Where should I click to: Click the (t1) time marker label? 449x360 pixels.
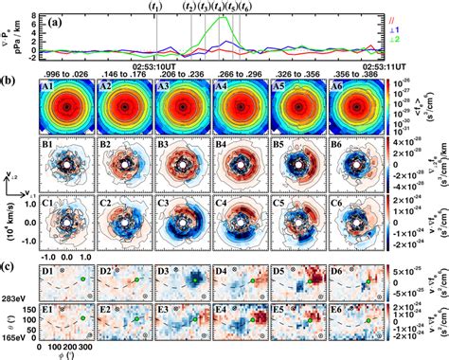tap(156, 7)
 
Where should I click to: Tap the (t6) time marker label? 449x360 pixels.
tap(245, 7)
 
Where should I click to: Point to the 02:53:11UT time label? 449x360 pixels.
tap(389, 65)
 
